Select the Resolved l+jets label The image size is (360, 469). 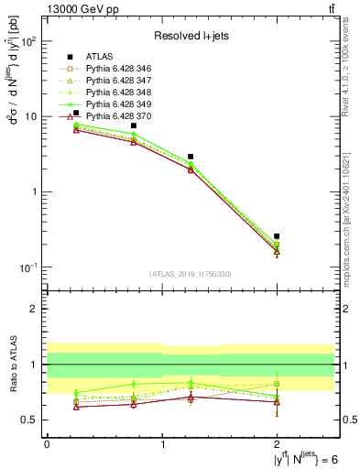click(x=190, y=36)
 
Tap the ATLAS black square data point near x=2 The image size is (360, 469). click(x=277, y=236)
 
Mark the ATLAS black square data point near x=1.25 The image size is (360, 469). click(x=191, y=157)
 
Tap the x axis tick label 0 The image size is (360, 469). click(x=47, y=444)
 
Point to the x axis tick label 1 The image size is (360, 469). click(x=162, y=444)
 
